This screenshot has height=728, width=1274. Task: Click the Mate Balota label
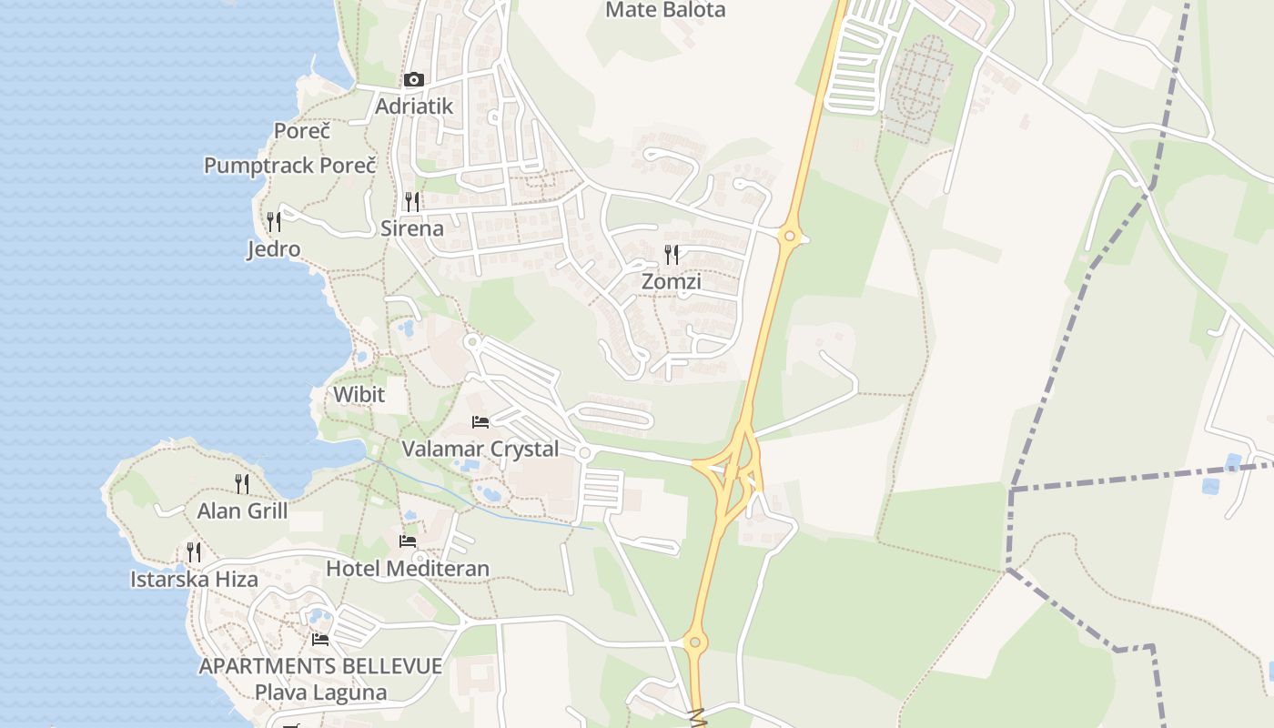pos(665,10)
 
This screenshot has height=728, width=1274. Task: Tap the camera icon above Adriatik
pos(414,80)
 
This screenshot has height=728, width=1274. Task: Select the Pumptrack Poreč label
pos(289,166)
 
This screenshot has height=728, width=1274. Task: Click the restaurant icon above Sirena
pos(412,200)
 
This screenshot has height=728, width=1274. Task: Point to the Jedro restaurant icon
pos(273,221)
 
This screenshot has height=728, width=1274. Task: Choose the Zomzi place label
pos(672,282)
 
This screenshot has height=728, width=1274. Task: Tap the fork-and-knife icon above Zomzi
pos(672,254)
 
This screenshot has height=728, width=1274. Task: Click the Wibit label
pos(359,395)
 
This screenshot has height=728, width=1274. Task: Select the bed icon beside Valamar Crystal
pos(480,421)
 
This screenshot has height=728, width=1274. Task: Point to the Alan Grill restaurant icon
pos(242,483)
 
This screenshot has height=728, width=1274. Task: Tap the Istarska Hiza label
pos(194,580)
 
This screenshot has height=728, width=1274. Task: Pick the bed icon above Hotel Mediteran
pos(408,541)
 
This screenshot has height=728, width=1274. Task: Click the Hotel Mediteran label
pos(408,569)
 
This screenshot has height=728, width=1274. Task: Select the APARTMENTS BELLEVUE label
pos(320,666)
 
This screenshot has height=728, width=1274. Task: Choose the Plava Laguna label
pos(320,693)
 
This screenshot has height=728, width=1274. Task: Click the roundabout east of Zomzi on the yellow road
pos(790,237)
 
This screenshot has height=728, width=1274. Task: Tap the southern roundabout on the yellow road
pos(694,642)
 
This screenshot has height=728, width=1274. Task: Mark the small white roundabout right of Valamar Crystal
pos(584,452)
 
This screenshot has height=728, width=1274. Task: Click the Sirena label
pos(412,228)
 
